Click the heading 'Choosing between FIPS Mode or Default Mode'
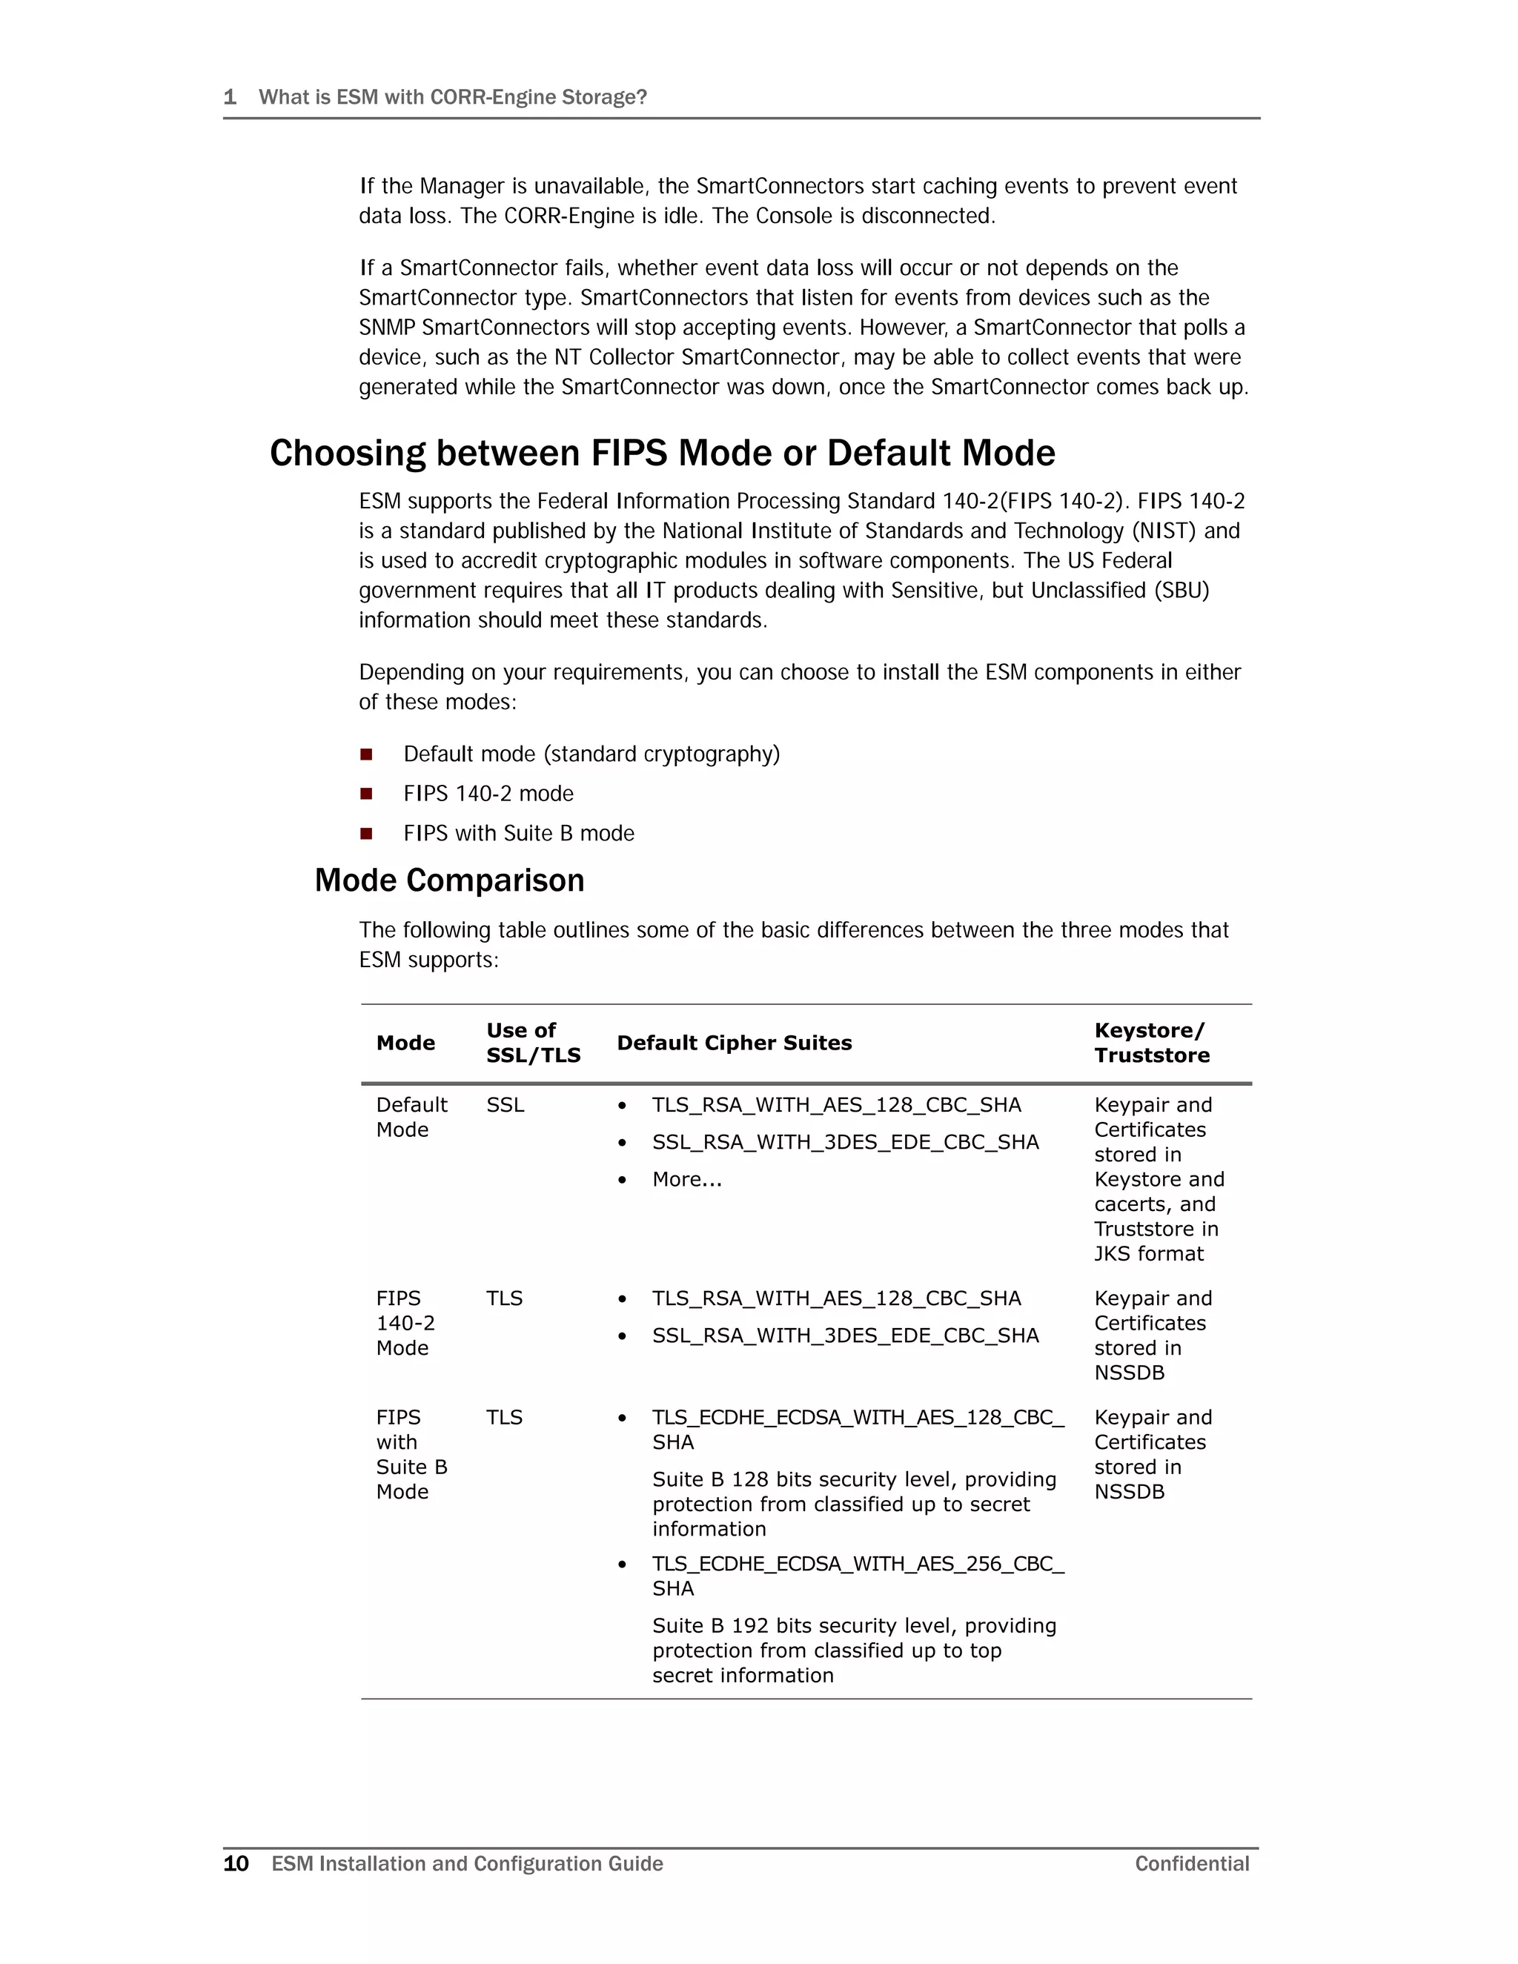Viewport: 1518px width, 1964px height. point(662,454)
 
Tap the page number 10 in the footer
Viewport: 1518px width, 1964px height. point(236,1863)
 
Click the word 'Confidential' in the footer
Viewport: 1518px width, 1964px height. point(1192,1863)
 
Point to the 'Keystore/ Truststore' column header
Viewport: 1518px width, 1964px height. point(1151,1044)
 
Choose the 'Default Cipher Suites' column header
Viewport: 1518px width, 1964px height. point(734,1044)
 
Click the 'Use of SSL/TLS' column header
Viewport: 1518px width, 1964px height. point(533,1044)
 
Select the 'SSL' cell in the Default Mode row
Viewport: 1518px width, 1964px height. point(505,1105)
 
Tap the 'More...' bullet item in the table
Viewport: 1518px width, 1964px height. point(687,1179)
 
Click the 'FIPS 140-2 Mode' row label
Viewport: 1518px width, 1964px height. point(405,1323)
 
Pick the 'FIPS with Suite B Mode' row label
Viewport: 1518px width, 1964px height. point(411,1454)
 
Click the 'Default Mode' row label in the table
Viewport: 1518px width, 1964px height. point(411,1117)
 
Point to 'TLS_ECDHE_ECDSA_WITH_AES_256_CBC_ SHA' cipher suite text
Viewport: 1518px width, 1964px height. point(857,1576)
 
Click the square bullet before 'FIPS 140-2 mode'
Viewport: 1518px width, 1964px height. point(366,794)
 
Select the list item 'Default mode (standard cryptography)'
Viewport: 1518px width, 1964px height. point(591,754)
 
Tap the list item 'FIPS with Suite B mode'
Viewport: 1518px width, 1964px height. point(518,834)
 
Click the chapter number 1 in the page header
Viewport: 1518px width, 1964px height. point(229,97)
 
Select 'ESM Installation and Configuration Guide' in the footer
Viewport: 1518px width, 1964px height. point(467,1863)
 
